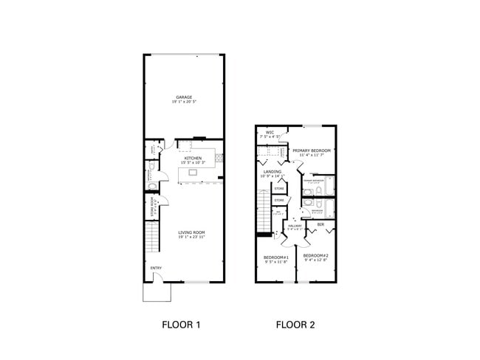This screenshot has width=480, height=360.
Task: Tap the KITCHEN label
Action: click(193, 157)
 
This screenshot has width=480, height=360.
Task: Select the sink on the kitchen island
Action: click(193, 172)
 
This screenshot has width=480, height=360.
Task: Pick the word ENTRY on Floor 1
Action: click(156, 268)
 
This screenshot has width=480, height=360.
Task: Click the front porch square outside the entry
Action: click(156, 292)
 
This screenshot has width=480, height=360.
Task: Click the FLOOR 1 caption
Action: click(181, 325)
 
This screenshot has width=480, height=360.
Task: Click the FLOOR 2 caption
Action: click(295, 325)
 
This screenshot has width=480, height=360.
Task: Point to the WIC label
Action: click(270, 133)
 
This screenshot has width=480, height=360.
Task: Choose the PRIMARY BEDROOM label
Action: click(311, 150)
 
